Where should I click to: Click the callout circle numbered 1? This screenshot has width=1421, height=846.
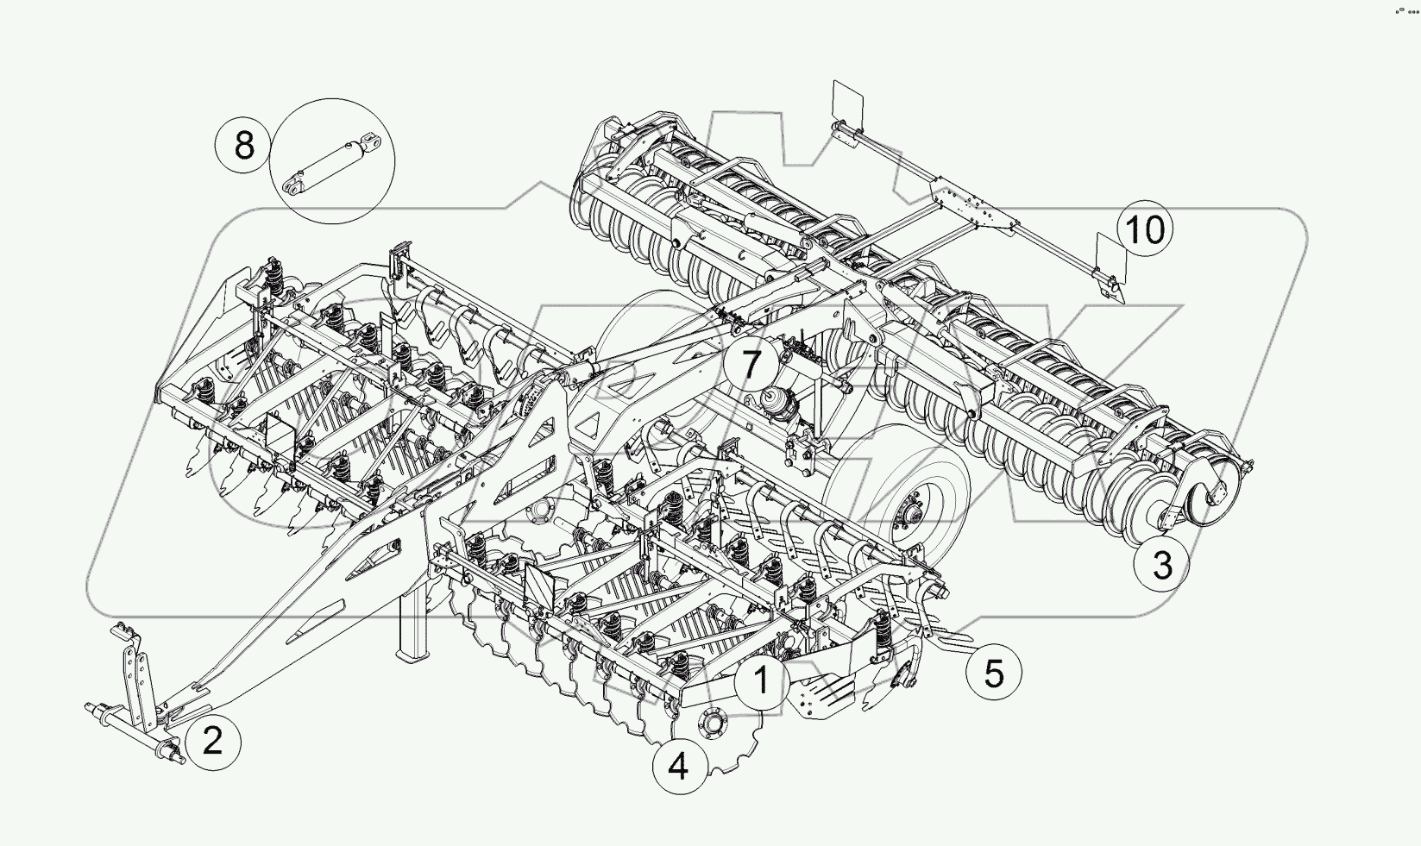[762, 682]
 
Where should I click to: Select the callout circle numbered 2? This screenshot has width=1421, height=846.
[212, 741]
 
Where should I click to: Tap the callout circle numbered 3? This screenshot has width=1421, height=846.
[1162, 566]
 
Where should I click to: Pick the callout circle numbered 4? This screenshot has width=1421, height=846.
[679, 765]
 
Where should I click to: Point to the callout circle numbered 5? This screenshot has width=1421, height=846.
[994, 673]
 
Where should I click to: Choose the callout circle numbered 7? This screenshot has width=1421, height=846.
[751, 364]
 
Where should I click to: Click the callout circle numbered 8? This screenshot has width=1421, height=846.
[244, 144]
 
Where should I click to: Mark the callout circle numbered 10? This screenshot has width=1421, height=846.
[1146, 230]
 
